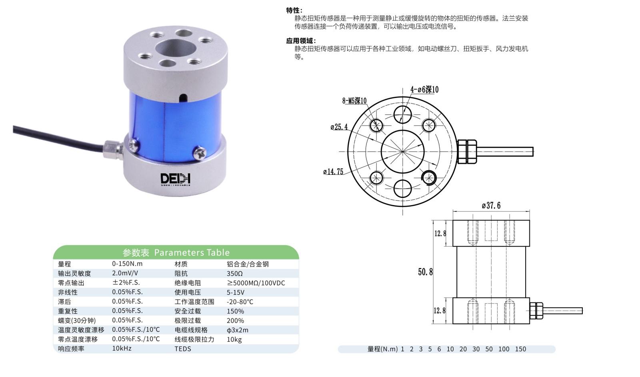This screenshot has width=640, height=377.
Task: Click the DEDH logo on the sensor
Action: [175, 179]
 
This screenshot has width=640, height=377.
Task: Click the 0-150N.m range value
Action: [127, 263]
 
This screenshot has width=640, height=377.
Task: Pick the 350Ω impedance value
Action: [234, 273]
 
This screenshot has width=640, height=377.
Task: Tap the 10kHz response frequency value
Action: [122, 349]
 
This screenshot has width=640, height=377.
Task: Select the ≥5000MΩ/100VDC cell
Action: [256, 283]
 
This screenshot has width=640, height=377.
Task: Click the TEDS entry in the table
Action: [183, 349]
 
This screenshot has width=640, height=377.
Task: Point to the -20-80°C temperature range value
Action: [240, 302]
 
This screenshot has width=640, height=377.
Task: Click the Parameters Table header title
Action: [176, 253]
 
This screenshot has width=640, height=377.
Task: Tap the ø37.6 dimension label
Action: [491, 205]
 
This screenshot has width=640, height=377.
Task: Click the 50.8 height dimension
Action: [426, 272]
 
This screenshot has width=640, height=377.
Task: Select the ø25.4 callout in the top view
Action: [339, 127]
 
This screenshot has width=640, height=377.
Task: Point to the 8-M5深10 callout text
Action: [354, 101]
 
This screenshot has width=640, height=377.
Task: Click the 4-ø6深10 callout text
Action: [424, 90]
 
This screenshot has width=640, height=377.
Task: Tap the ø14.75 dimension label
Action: [333, 172]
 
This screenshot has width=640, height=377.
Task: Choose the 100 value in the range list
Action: [504, 349]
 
